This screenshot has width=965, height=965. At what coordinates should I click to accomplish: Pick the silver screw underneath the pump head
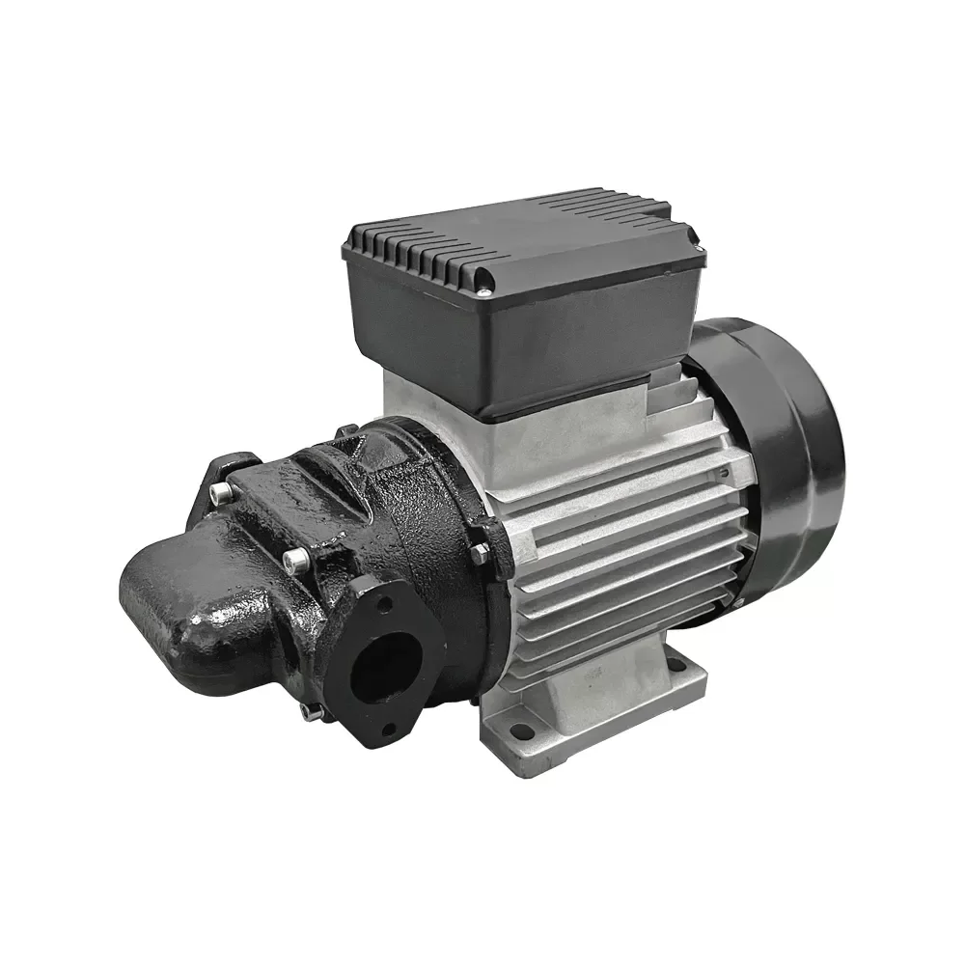tap(311, 712)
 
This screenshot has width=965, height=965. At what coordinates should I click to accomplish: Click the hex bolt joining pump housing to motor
tap(480, 552)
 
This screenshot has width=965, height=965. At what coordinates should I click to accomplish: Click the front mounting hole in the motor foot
tap(522, 731)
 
